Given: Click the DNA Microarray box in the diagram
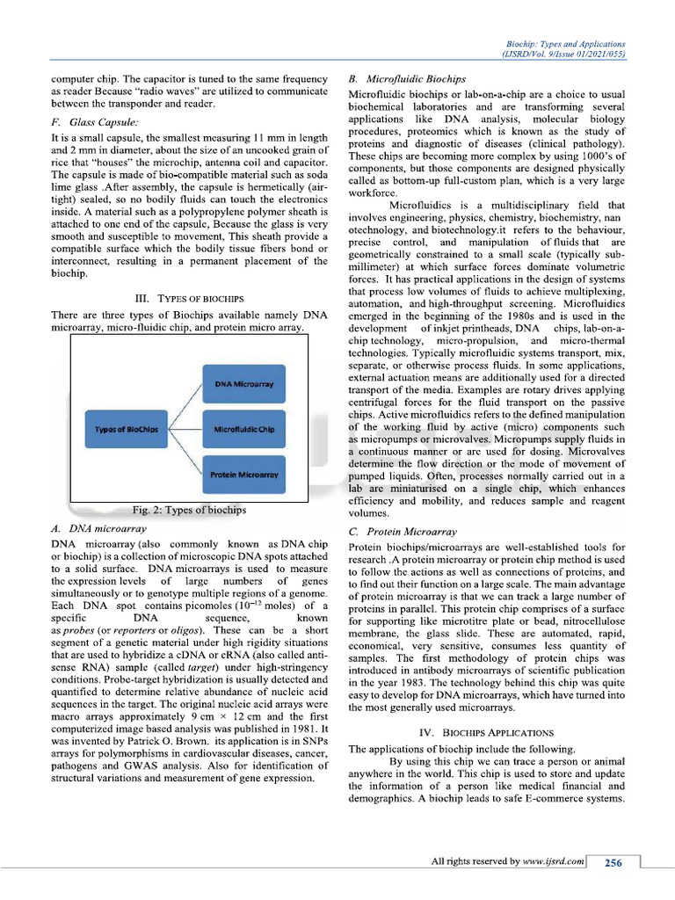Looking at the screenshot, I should [243, 384].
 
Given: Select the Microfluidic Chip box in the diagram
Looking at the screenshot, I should [243, 429].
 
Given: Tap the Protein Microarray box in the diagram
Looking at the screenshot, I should [243, 474].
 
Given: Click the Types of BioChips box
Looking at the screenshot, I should [126, 429].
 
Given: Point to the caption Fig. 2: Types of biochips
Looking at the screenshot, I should [189, 510].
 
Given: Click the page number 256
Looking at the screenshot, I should [613, 863].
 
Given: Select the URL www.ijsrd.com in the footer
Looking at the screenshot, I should [554, 862].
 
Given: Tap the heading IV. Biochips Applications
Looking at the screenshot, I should [486, 731].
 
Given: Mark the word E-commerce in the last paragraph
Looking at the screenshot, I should [537, 799].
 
